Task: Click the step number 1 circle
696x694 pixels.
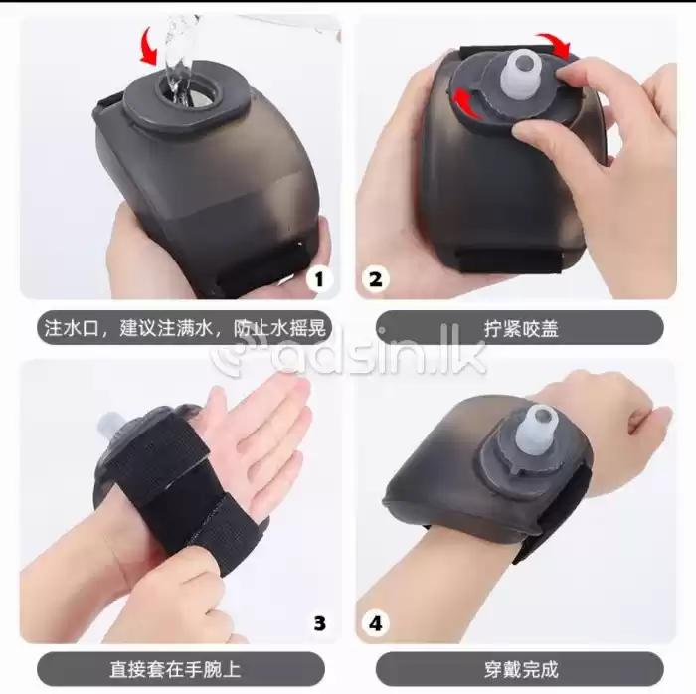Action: (317, 279)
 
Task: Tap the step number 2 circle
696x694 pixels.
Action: (375, 279)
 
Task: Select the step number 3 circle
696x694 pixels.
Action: (319, 623)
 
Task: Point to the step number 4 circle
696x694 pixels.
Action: (375, 623)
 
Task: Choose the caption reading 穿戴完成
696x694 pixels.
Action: (519, 668)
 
